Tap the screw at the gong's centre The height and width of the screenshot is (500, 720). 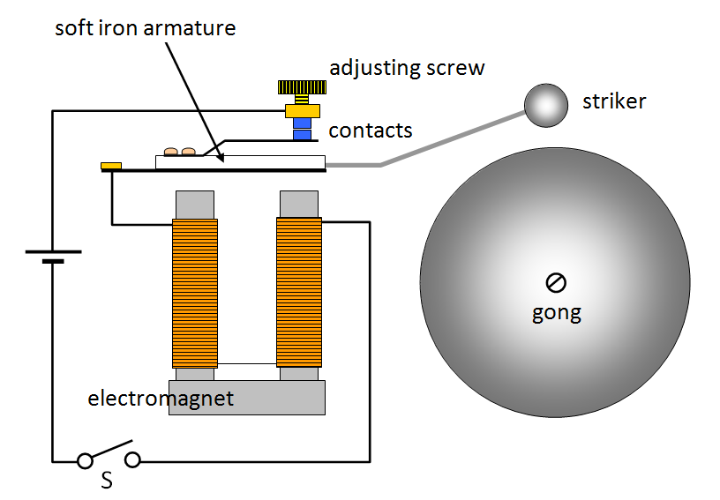[x=556, y=282]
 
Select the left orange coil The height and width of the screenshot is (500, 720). [x=194, y=293]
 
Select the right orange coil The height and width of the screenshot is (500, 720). [x=299, y=293]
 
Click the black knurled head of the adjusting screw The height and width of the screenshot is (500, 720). [x=304, y=87]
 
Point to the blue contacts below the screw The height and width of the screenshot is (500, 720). [x=304, y=129]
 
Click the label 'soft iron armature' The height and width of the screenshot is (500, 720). [x=146, y=27]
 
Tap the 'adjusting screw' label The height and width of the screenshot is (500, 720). [x=407, y=67]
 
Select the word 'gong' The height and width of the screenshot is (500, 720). [x=556, y=312]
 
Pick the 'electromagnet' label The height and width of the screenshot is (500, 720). [x=161, y=399]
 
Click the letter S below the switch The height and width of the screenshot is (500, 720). [x=106, y=481]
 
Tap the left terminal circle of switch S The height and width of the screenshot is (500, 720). [x=86, y=460]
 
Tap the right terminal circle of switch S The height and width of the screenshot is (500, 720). [x=132, y=460]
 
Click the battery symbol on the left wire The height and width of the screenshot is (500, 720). [x=53, y=256]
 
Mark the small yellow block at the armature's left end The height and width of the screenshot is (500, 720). [x=111, y=165]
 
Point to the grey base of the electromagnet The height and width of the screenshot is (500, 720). [x=247, y=397]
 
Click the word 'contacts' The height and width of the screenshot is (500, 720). [x=371, y=131]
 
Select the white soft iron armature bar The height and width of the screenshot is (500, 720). [x=256, y=161]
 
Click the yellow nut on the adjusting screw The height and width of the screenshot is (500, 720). [x=304, y=111]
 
